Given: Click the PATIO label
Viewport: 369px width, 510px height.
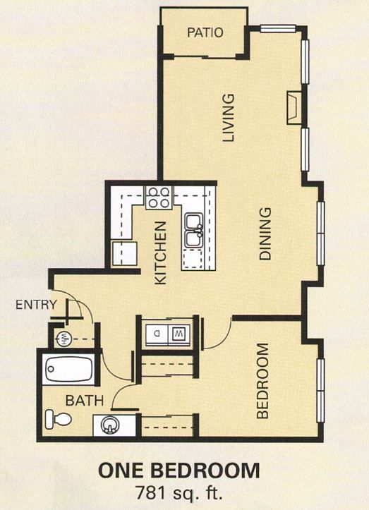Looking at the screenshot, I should [205, 32].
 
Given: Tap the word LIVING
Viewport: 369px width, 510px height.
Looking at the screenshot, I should [228, 118].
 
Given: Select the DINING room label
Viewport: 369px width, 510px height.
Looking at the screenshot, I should [265, 234].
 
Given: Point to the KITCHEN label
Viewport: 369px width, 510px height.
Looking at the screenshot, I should [161, 253].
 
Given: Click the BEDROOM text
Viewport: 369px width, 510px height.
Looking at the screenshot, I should [263, 381].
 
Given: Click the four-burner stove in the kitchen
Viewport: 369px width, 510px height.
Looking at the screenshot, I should [159, 198].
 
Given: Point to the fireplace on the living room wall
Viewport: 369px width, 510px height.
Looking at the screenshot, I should [292, 107].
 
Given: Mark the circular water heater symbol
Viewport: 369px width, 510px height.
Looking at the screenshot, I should [63, 336].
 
